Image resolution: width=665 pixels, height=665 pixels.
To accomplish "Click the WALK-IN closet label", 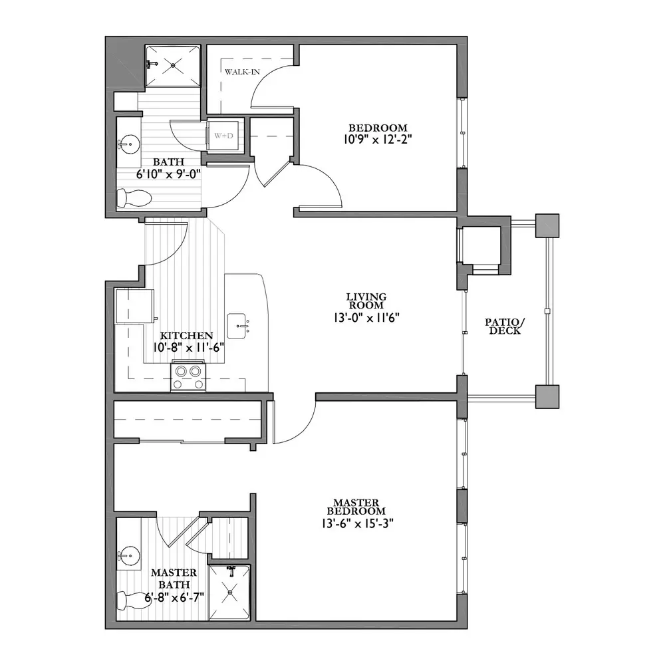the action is tap(242, 72).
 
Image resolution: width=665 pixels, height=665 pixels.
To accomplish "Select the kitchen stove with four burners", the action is tap(188, 376).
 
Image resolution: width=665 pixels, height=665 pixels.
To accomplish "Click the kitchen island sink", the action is tap(237, 326).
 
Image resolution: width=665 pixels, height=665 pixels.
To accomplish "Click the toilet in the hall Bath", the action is tap(134, 198).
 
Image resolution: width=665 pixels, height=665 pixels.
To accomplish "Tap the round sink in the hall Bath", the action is tap(130, 144).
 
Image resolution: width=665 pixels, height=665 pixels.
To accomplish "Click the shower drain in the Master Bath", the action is tap(230, 593).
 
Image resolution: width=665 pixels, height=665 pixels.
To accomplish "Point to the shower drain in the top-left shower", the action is tap(173, 65).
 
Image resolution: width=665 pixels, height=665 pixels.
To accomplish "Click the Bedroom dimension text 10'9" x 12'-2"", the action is tap(378, 139).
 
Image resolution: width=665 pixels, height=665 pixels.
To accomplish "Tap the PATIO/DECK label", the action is tap(505, 327).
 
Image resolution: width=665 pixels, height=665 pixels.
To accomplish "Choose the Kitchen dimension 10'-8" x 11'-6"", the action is tap(189, 347).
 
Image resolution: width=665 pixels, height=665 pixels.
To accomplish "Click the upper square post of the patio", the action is tap(547, 225).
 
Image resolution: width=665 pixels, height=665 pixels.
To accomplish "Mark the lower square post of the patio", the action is tap(547, 396).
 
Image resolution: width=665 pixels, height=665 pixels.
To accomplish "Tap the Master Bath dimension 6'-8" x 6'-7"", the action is tap(174, 597).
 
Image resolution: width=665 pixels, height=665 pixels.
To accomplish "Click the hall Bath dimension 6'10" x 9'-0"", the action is tap(168, 174).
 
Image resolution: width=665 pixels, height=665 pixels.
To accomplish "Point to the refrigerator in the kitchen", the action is tap(134, 306).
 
